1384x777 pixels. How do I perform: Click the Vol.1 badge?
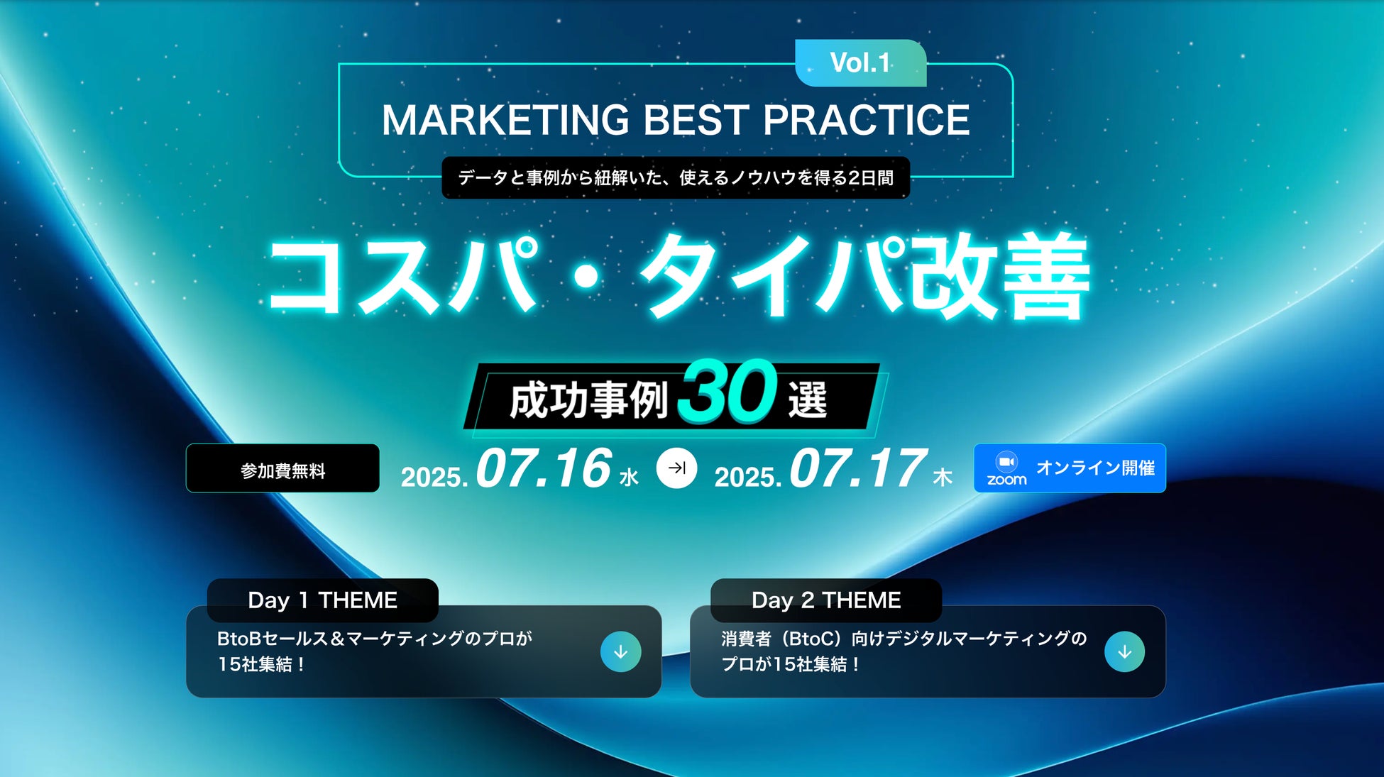861,63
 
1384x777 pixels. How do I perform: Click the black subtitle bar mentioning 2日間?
676,177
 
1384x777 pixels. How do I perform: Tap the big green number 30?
727,390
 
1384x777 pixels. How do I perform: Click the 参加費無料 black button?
282,468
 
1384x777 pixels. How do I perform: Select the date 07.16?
544,468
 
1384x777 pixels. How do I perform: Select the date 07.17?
857,468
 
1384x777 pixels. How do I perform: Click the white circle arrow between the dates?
676,468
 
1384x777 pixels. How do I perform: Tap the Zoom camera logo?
1006,462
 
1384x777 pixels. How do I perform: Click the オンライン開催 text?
1095,468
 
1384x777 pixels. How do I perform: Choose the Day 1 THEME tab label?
322,600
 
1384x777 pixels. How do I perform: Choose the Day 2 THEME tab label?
826,600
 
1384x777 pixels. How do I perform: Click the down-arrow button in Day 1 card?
621,651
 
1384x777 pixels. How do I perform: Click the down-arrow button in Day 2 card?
1125,651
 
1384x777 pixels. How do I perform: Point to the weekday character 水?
629,477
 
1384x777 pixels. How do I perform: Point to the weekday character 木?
943,477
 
